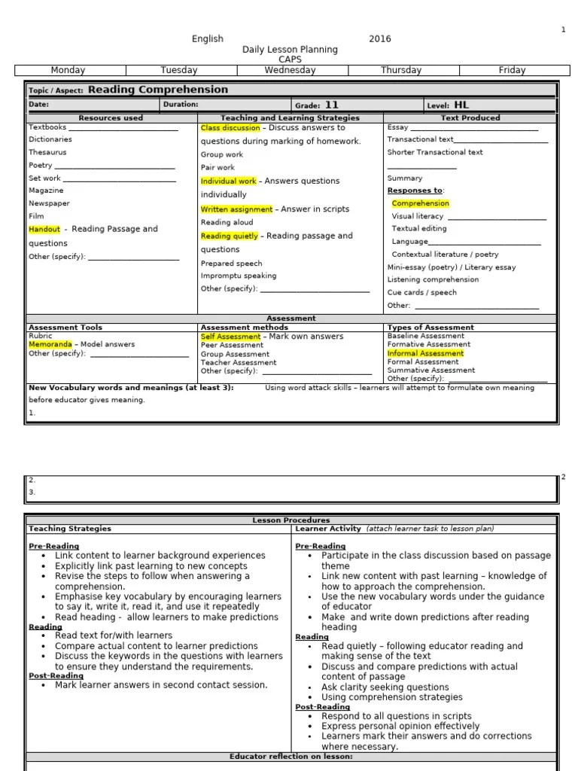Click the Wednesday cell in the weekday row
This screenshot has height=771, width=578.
pyautogui.click(x=290, y=70)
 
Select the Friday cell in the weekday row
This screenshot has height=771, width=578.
pyautogui.click(x=512, y=70)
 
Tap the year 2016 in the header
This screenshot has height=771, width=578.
pyautogui.click(x=379, y=39)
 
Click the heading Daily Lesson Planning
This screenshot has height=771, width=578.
pyautogui.click(x=290, y=50)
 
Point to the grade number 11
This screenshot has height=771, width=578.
pyautogui.click(x=331, y=105)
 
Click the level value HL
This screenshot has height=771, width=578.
pyautogui.click(x=461, y=105)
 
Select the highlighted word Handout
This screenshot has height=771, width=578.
pyautogui.click(x=44, y=229)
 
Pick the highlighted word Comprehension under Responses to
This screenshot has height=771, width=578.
pyautogui.click(x=420, y=203)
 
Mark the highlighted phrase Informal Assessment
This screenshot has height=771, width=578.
pyautogui.click(x=425, y=353)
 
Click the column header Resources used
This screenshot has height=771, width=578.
pyautogui.click(x=111, y=117)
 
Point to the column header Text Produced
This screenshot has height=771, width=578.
pyautogui.click(x=470, y=117)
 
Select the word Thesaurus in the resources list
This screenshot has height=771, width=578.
pyautogui.click(x=48, y=152)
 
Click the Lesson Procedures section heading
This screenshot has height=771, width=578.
pyautogui.click(x=291, y=520)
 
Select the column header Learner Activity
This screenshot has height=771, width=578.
pyautogui.click(x=328, y=529)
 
